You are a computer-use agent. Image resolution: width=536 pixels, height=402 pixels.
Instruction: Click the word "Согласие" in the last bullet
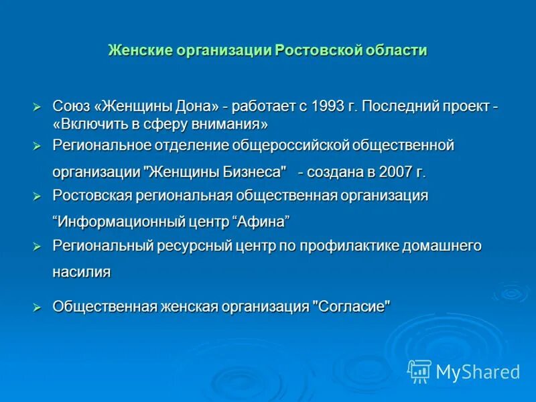(x=351, y=306)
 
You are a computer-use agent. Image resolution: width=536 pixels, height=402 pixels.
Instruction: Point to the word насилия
(x=81, y=272)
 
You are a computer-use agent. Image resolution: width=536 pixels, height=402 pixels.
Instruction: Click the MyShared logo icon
(x=419, y=371)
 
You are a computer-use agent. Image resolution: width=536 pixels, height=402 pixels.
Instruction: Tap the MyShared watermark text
(x=478, y=371)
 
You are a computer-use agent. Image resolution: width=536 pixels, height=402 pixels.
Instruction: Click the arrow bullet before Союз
(x=38, y=107)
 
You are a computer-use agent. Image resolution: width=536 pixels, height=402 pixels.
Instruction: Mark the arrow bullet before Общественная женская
(x=38, y=306)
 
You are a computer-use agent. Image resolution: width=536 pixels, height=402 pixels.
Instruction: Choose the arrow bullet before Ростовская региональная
(x=38, y=196)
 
